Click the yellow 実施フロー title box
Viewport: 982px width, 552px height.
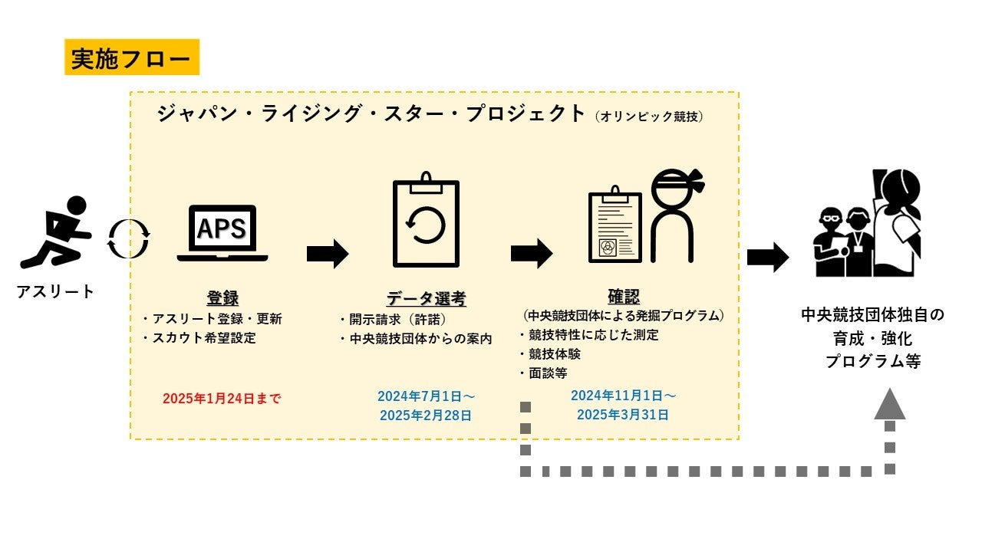click(131, 58)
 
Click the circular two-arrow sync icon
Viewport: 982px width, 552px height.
click(128, 238)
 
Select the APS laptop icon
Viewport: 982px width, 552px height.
click(222, 233)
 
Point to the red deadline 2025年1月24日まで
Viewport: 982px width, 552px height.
click(222, 399)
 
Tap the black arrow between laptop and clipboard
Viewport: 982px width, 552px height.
click(328, 254)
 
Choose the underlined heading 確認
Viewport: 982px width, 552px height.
click(623, 297)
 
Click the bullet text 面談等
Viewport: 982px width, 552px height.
click(547, 373)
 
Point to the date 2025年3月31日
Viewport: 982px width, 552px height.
click(623, 415)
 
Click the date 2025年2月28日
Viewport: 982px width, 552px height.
click(426, 416)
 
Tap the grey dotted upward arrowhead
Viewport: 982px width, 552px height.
click(890, 405)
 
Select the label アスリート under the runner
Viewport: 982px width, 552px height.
click(56, 291)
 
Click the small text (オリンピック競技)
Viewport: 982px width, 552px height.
click(649, 117)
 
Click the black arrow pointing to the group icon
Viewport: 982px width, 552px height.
click(767, 258)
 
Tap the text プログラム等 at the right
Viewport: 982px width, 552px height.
click(873, 362)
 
